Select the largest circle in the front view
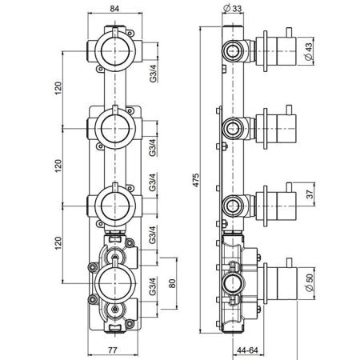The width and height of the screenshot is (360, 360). pos(117,282)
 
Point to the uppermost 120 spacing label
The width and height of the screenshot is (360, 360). pos(58,88)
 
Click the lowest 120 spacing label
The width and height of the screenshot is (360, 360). pos(58,242)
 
